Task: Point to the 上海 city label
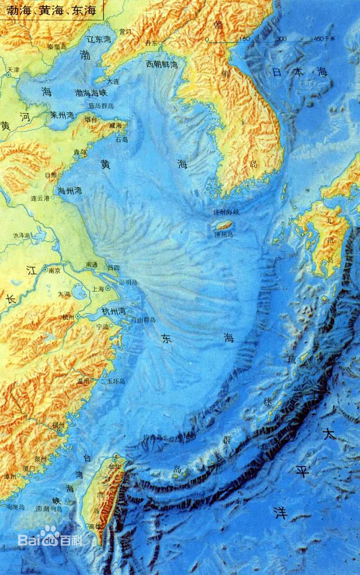(x=98, y=289)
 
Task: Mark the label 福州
(x=58, y=423)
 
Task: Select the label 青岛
(x=80, y=152)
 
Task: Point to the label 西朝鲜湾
(x=162, y=64)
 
